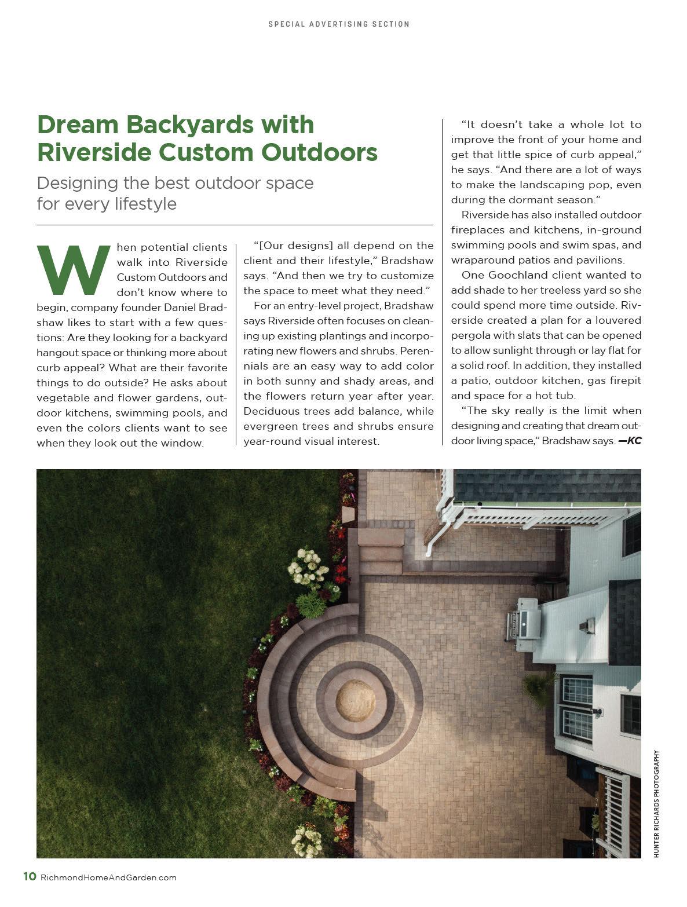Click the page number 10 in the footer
coord(30,876)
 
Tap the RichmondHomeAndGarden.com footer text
coord(108,877)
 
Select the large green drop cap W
coord(74,269)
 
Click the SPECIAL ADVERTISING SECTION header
coord(339,24)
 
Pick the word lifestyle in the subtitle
coord(145,204)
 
